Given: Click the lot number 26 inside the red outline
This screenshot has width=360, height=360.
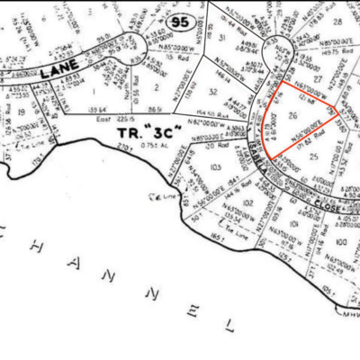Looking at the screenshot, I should [292, 116].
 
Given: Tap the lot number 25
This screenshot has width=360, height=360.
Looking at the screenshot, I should [314, 158].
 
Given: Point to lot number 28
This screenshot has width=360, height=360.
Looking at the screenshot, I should [339, 21].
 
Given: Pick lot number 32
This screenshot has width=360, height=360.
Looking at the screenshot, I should [212, 93].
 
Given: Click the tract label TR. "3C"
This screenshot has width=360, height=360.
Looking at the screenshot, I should [149, 133].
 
